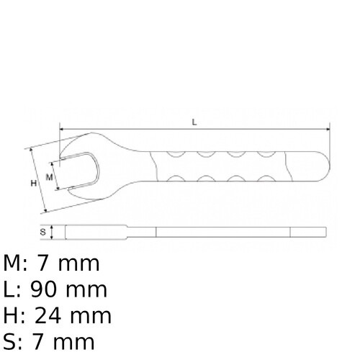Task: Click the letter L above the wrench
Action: pyautogui.click(x=194, y=122)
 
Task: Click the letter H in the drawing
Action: pyautogui.click(x=33, y=184)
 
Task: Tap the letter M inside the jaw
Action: pyautogui.click(x=49, y=176)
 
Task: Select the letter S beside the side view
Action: pyautogui.click(x=42, y=232)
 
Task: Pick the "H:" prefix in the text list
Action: pyautogui.click(x=15, y=315)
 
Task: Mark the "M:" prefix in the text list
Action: pyautogui.click(x=18, y=264)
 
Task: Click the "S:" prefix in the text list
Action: pyautogui.click(x=14, y=341)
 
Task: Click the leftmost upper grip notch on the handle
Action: pyautogui.click(x=174, y=153)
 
